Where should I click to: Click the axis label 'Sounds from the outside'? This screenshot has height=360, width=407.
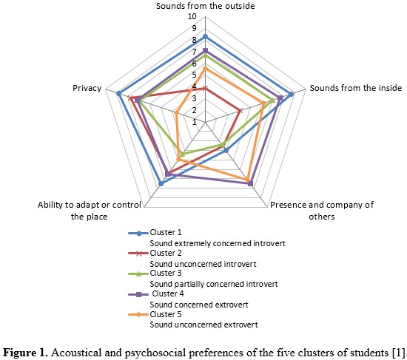(205, 6)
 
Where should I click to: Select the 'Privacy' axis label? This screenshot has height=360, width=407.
(87, 88)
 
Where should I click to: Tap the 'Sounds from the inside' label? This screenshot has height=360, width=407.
(356, 88)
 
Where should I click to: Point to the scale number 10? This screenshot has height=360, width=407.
(192, 16)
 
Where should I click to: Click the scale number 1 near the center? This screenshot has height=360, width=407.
(195, 122)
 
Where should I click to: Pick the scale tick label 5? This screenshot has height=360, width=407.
(194, 75)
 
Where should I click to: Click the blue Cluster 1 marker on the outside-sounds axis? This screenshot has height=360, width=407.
(205, 37)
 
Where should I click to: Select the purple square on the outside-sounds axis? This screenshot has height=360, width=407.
(205, 50)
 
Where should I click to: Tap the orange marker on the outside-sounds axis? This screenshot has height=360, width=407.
(205, 69)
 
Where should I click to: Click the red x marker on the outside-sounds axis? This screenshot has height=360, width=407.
(205, 89)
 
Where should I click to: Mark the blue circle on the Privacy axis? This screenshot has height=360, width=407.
(118, 94)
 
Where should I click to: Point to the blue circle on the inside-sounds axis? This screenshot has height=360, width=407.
(292, 94)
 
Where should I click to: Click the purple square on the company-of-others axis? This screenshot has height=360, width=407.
(250, 183)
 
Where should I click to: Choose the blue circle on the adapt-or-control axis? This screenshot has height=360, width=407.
(161, 183)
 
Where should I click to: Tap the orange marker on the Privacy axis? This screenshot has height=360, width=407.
(176, 112)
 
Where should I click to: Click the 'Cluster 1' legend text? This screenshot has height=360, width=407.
(166, 232)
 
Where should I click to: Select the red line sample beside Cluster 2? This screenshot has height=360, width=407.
(139, 254)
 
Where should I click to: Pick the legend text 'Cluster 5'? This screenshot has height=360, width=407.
(166, 314)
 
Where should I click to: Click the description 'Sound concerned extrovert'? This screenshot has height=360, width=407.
(199, 305)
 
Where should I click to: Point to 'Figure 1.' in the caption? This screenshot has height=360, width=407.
(25, 353)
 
